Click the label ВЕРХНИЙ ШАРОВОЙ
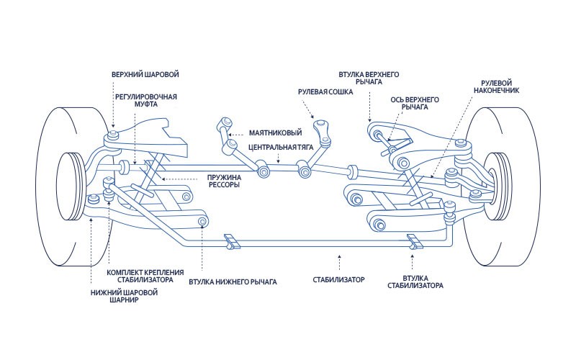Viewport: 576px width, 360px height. [145, 75]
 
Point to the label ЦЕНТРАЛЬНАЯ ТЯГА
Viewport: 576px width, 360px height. [282, 147]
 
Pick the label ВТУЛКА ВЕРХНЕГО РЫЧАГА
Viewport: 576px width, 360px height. [369, 78]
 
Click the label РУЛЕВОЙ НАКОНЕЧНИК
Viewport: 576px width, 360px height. [496, 87]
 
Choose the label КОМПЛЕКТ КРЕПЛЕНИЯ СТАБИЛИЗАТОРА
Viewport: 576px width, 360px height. [145, 276]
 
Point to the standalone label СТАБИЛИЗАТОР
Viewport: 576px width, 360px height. [339, 278]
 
